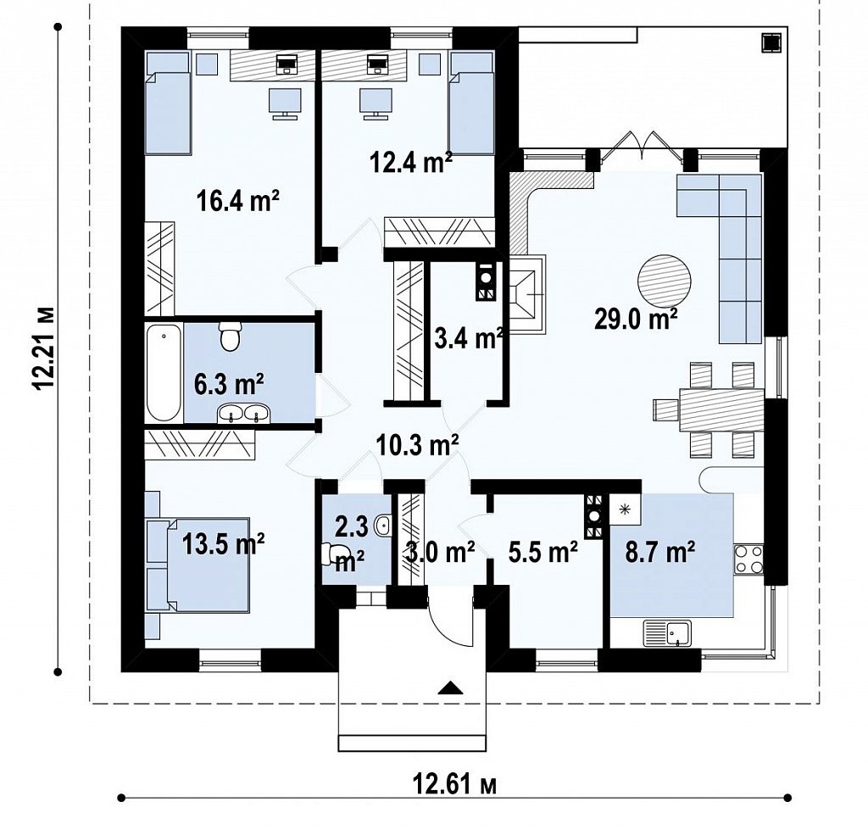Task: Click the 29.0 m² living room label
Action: point(636,319)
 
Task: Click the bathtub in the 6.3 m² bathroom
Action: point(164,372)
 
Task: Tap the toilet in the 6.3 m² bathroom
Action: point(230,336)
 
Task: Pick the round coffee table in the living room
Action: point(665,281)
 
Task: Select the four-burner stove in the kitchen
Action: point(748,559)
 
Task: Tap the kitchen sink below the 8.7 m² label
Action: point(667,633)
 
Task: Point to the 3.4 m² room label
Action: point(468,337)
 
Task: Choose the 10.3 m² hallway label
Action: point(417,444)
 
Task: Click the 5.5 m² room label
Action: point(543,551)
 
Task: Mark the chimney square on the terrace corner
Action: point(771,43)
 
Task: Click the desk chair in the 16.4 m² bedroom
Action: point(285,103)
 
